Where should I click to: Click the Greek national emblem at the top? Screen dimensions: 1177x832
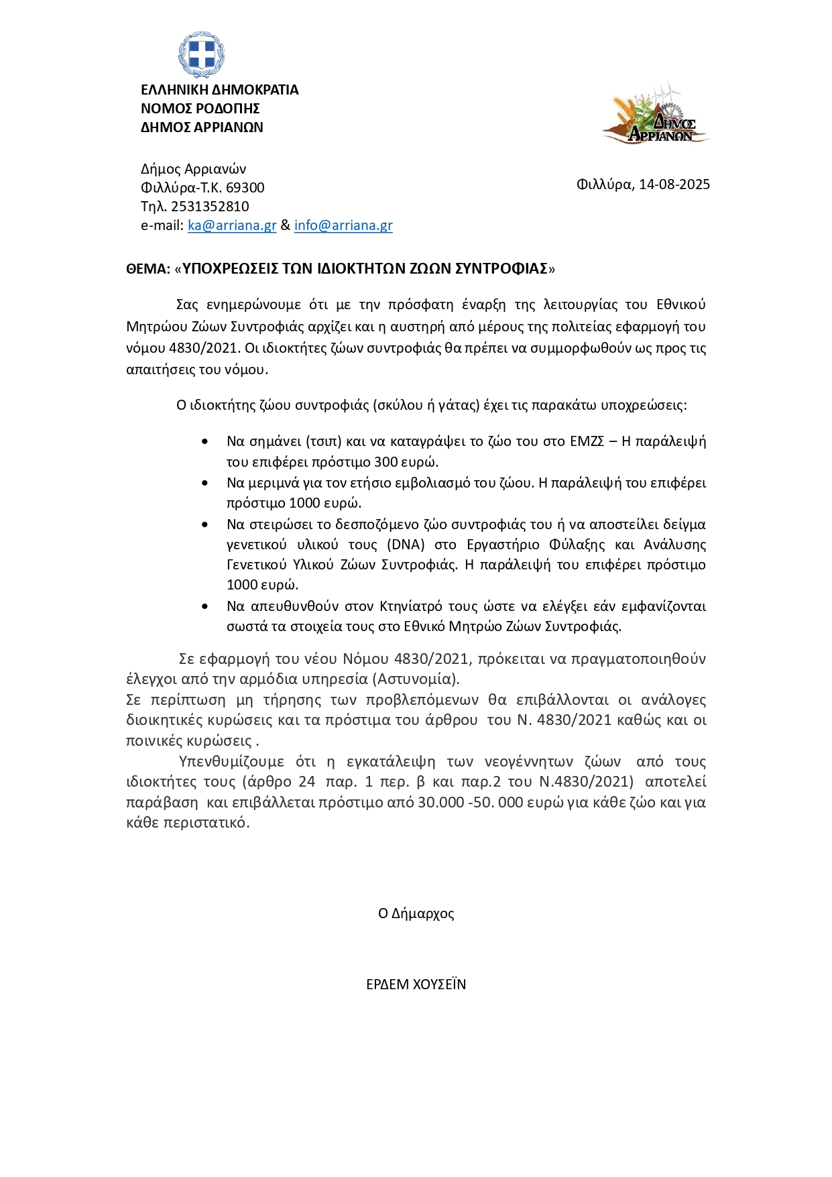click(x=201, y=54)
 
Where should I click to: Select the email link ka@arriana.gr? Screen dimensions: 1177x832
click(x=232, y=225)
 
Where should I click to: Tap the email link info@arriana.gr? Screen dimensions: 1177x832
click(x=343, y=225)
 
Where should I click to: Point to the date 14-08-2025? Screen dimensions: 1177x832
click(x=674, y=184)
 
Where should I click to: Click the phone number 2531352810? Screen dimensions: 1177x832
click(x=210, y=207)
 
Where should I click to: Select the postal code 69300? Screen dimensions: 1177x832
click(x=245, y=188)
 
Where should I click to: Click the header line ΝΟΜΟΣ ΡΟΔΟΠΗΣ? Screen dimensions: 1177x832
click(x=200, y=109)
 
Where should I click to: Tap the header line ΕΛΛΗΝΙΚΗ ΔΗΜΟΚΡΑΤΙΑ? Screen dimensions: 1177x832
click(x=219, y=90)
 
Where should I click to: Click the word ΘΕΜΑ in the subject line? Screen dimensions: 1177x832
click(x=147, y=269)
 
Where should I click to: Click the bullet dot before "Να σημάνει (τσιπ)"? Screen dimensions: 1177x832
click(x=205, y=441)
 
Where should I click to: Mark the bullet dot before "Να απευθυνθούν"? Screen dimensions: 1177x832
click(x=205, y=606)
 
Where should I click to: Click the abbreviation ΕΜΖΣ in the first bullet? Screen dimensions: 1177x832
click(x=587, y=441)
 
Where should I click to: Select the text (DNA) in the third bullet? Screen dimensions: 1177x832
click(x=406, y=545)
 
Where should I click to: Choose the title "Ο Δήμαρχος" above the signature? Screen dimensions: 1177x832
click(x=416, y=913)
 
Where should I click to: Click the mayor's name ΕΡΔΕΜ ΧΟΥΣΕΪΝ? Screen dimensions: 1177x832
click(x=416, y=985)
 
